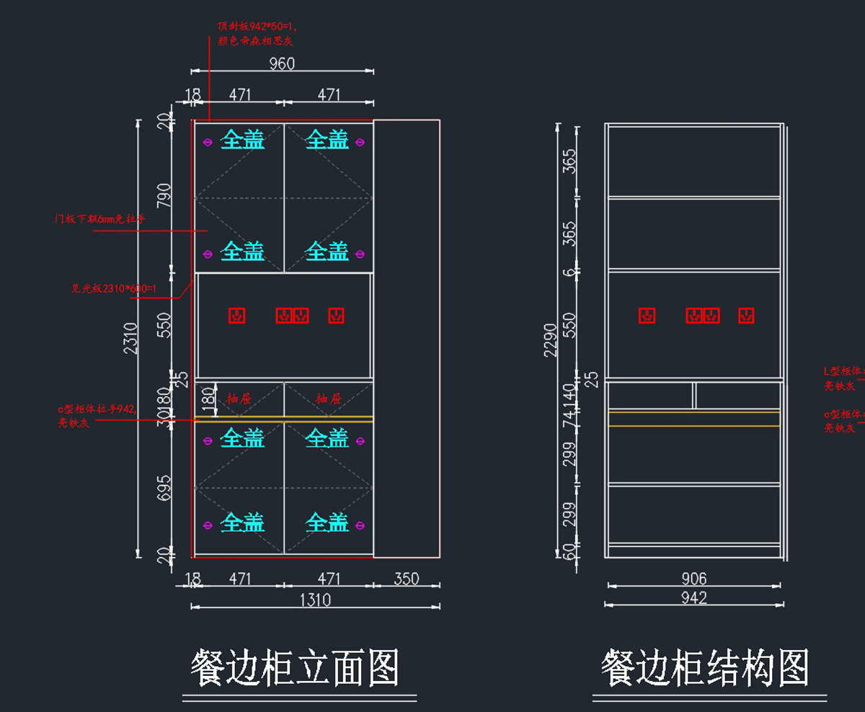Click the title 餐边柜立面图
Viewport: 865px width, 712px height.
click(x=295, y=668)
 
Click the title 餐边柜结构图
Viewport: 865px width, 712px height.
click(x=706, y=668)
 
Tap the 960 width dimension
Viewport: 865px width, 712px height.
click(x=282, y=63)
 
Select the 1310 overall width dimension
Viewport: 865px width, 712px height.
click(x=314, y=600)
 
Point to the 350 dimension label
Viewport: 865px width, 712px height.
click(x=407, y=579)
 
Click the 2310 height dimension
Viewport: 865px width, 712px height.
click(x=130, y=339)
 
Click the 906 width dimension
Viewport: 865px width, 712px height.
click(x=693, y=578)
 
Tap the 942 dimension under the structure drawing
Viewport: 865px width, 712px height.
click(x=693, y=597)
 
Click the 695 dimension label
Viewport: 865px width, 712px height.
click(x=164, y=489)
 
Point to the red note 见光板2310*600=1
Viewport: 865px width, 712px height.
click(x=114, y=288)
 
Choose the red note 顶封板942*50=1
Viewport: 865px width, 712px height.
click(x=257, y=27)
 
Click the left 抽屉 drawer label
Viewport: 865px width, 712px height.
click(x=239, y=398)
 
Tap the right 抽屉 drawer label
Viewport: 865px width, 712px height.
click(x=328, y=398)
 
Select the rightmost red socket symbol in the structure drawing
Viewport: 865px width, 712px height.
click(x=747, y=315)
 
